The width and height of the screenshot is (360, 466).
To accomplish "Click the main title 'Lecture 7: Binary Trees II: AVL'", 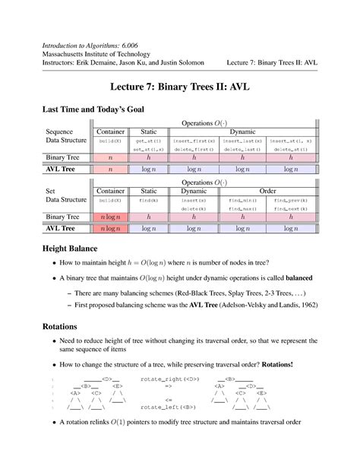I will click(x=180, y=87).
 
